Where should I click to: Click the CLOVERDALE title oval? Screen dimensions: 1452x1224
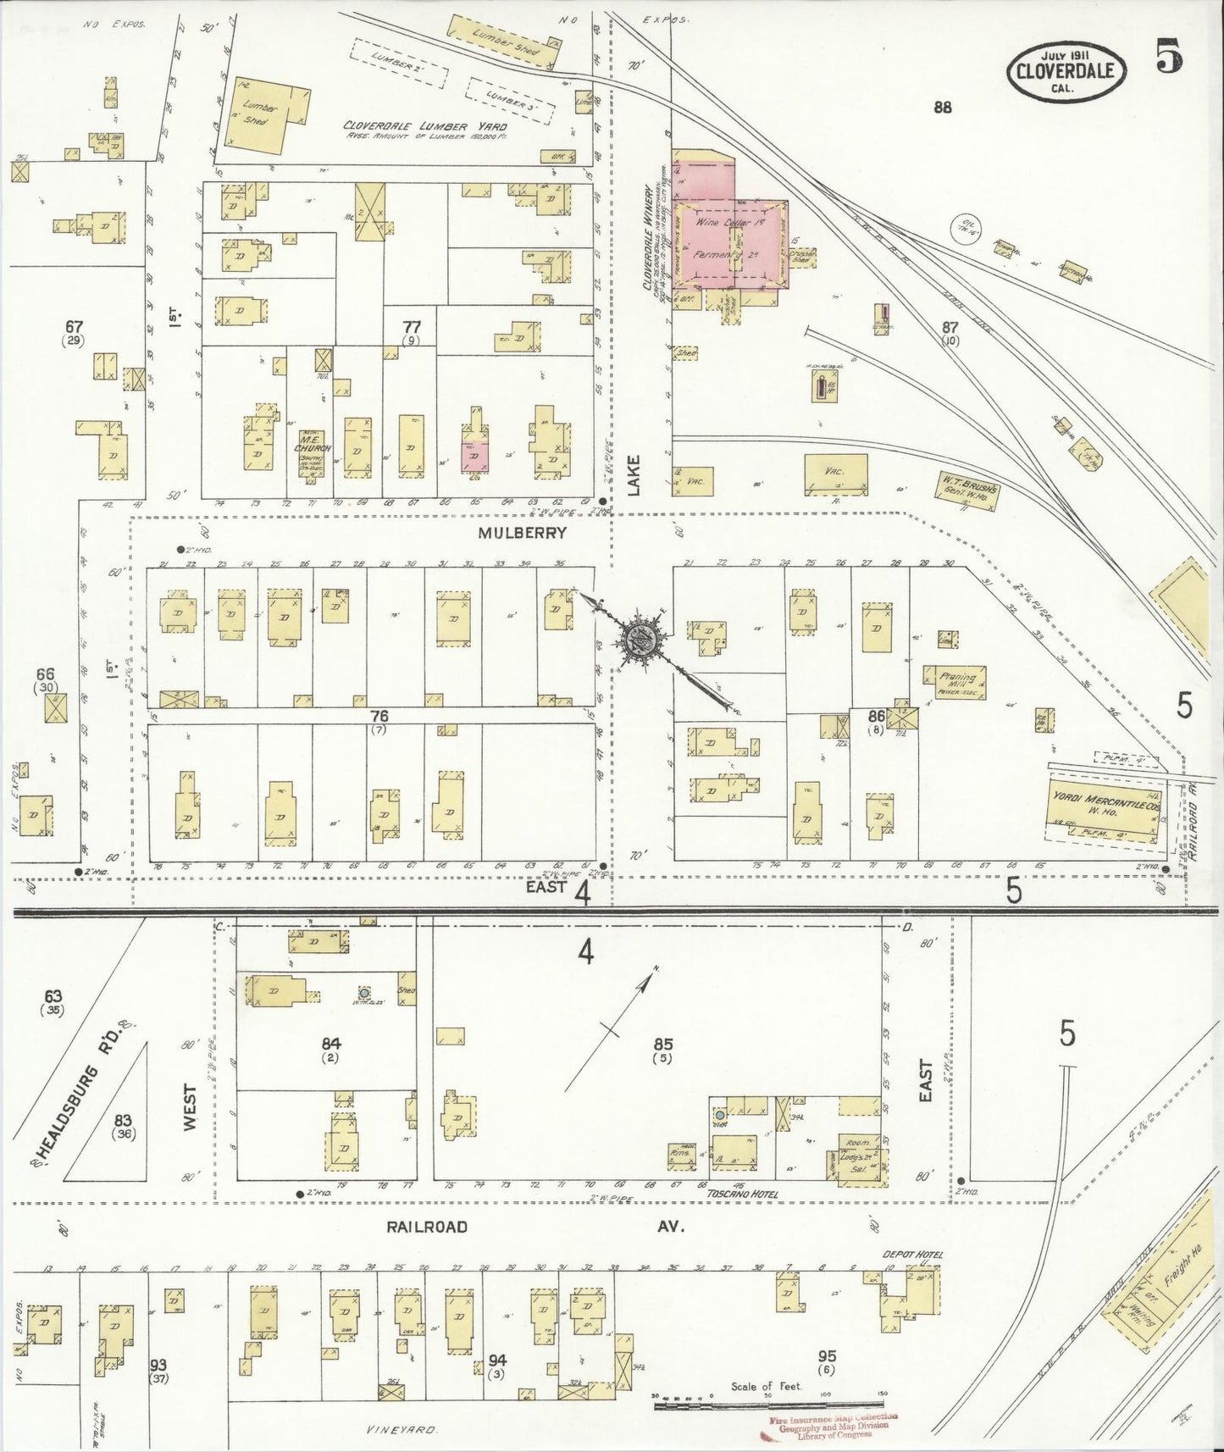tap(1066, 72)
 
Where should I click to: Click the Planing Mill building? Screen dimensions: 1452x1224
tap(957, 683)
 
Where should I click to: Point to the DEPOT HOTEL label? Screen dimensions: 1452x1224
tap(912, 1255)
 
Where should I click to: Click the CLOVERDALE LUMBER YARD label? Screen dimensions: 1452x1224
tap(424, 126)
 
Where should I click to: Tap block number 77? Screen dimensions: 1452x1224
tap(412, 327)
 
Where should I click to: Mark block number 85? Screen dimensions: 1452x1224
tap(662, 1044)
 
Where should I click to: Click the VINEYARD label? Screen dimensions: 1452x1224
tap(402, 1430)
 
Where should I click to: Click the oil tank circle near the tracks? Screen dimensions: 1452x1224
tap(966, 228)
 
